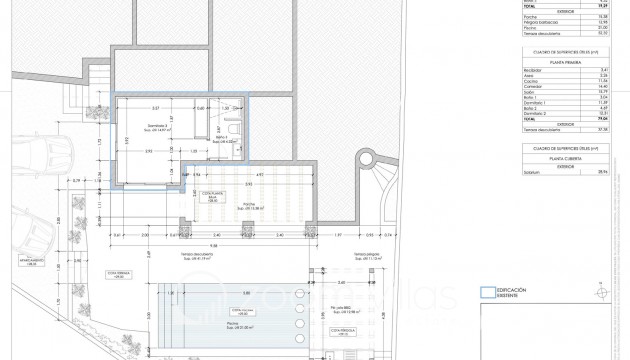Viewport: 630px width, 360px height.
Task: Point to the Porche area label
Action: [246, 204]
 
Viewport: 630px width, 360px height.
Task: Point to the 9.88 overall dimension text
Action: [215, 245]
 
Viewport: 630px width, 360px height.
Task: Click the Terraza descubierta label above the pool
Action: [214, 255]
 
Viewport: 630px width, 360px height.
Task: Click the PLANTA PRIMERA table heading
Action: [565, 58]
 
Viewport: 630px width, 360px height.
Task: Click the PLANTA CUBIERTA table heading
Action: [565, 158]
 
